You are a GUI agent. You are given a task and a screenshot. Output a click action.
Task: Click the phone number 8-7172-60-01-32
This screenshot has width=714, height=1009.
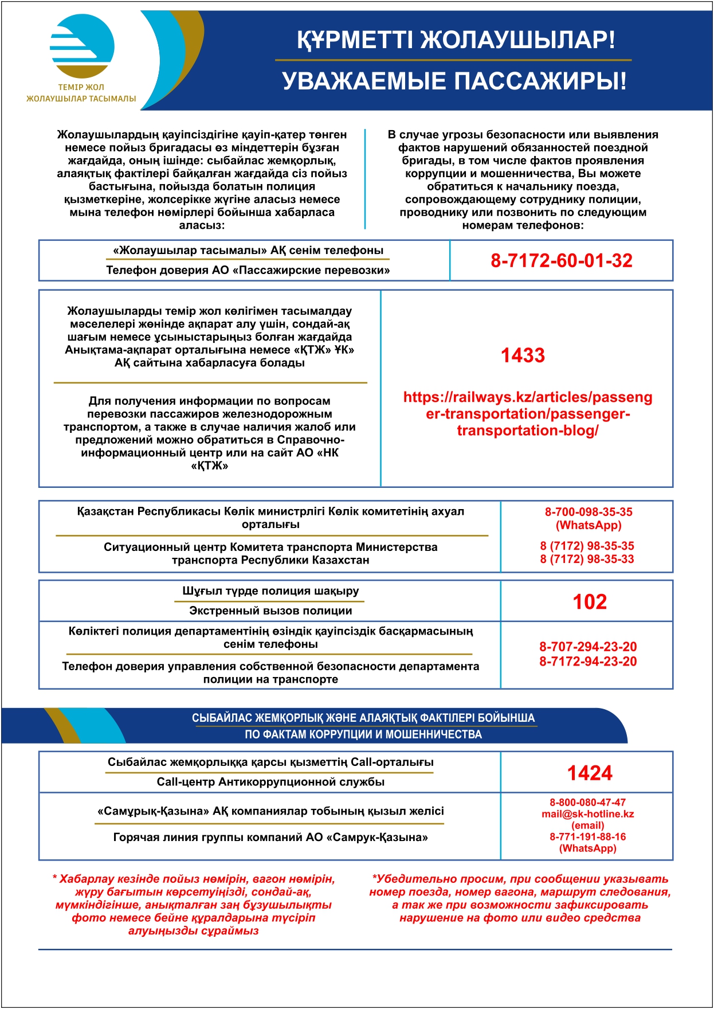(x=561, y=261)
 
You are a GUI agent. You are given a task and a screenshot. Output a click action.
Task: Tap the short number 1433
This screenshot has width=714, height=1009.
(x=523, y=355)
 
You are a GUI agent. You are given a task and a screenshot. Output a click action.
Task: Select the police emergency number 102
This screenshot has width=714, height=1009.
(x=589, y=601)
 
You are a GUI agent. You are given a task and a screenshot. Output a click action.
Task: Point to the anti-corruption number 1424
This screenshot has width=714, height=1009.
(x=589, y=773)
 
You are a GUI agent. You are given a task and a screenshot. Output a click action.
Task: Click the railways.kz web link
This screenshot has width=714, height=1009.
(x=528, y=414)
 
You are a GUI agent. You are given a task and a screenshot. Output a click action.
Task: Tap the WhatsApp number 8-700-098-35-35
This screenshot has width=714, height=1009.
(x=588, y=512)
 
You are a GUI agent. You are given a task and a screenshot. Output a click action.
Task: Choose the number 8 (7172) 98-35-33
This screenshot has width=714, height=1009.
(x=587, y=559)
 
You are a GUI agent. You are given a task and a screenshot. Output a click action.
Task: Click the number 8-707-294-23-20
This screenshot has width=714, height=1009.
(x=587, y=647)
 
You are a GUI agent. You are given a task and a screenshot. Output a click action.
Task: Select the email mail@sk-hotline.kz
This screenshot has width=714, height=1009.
(x=587, y=814)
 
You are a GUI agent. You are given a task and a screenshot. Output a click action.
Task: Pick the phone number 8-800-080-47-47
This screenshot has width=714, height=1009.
(x=587, y=803)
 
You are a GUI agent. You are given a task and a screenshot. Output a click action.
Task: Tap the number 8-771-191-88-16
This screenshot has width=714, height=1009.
(x=587, y=837)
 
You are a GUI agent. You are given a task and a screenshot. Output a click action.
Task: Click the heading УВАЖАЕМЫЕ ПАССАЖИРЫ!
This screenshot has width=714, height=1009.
(x=454, y=81)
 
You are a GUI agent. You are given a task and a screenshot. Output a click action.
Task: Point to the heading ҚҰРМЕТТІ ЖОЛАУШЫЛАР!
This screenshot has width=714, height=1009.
(x=456, y=40)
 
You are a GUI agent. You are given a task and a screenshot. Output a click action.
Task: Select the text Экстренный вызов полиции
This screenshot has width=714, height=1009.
(x=270, y=611)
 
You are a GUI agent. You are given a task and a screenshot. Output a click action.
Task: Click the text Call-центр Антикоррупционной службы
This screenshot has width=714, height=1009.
(x=270, y=782)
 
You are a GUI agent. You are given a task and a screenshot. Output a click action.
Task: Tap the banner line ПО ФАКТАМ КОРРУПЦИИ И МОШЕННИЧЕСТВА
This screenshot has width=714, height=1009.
(x=363, y=734)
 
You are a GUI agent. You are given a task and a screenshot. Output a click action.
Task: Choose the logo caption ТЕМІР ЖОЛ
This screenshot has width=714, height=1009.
(x=81, y=88)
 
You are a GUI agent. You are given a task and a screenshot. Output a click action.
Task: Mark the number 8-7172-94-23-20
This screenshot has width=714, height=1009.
(x=587, y=662)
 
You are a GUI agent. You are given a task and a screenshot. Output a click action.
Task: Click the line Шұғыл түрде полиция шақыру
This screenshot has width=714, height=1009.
(x=270, y=591)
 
